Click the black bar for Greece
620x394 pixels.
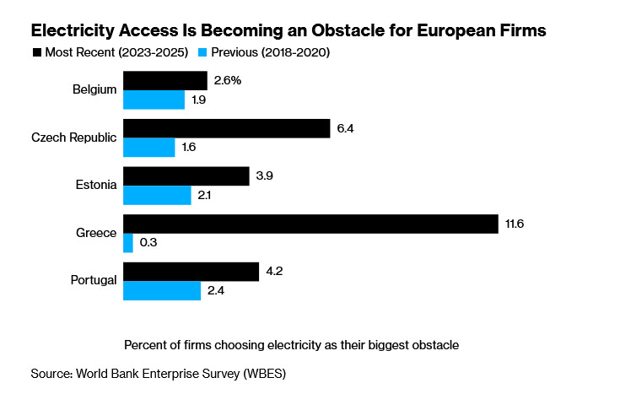[x=311, y=224]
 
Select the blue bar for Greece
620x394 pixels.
[x=128, y=243]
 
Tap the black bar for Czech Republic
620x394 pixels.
[x=227, y=128]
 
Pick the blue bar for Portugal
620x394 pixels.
[x=162, y=291]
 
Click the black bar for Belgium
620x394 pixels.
[x=165, y=80]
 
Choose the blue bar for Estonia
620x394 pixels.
[x=158, y=195]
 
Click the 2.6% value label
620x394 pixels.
[x=228, y=80]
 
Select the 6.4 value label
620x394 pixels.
[x=346, y=128]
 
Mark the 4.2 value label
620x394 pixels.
[x=275, y=272]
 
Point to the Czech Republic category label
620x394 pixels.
[x=73, y=138]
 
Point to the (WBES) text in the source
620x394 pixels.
[x=271, y=372]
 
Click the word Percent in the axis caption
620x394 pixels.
[x=146, y=345]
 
